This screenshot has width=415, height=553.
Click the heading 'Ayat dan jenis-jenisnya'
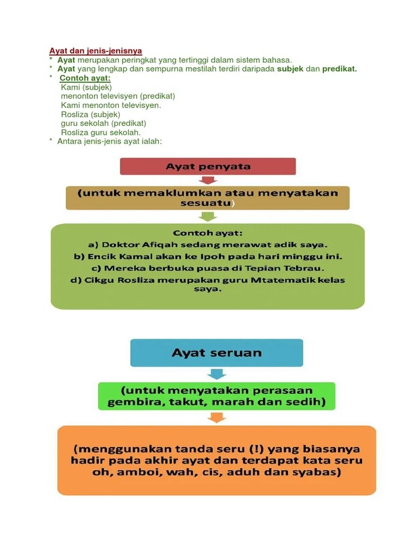96,51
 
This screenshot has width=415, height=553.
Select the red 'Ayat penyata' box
208,166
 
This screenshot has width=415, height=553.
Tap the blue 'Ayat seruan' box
216,353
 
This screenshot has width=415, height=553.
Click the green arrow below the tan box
208,216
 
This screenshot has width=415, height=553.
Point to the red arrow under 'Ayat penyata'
208,180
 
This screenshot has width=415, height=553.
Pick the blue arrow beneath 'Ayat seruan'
217,374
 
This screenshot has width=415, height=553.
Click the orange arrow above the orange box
217,417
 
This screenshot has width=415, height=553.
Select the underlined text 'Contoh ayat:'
85,78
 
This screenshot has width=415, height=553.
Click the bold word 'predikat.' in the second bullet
340,69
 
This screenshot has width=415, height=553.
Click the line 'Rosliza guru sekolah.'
101,132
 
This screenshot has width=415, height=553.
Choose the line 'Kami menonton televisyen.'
111,105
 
